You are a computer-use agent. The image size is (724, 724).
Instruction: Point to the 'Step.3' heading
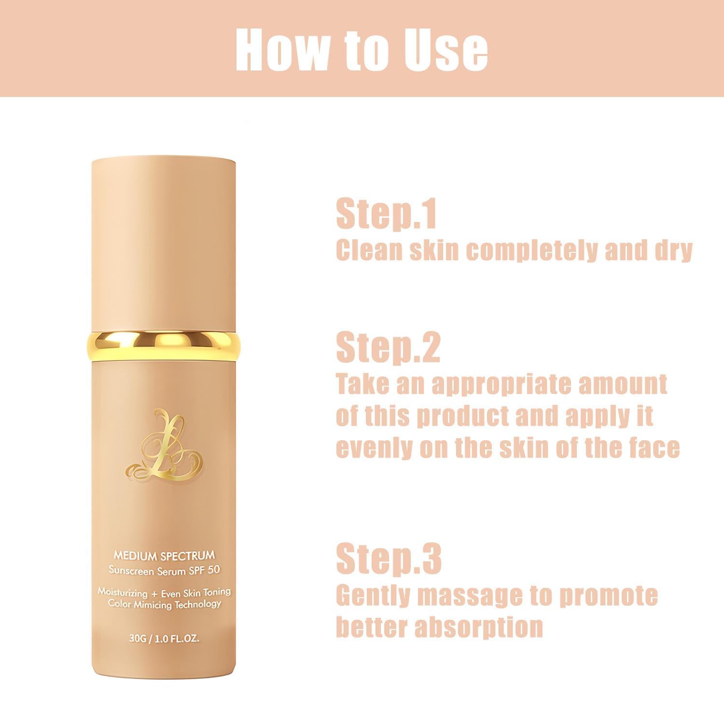point(389,558)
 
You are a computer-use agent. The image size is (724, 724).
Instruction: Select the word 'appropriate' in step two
point(501,384)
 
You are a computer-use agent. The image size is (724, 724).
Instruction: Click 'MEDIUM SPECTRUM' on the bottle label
point(164,557)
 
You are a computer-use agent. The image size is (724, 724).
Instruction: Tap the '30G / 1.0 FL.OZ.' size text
point(164,638)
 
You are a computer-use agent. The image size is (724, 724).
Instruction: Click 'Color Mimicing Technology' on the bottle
point(164,604)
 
